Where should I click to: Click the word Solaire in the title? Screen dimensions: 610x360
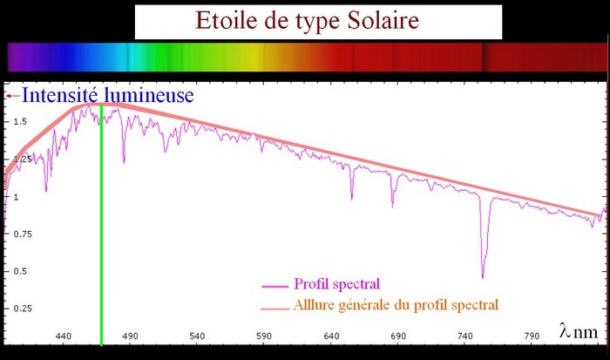383,20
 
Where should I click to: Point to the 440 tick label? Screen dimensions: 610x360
64,336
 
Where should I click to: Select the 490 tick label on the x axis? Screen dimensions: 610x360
131,336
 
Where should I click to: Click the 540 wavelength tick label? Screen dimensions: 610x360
197,336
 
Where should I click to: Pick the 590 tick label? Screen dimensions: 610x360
264,336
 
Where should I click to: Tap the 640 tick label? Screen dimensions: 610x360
331,336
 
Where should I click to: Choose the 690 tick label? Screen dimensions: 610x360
398,336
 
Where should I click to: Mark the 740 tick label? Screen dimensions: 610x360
465,336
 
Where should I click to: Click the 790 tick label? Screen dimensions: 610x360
532,336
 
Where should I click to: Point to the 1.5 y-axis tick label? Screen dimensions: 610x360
20,122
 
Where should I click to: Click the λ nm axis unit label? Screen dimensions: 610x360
579,331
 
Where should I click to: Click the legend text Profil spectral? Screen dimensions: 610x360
337,283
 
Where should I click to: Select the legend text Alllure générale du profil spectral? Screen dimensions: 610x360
396,305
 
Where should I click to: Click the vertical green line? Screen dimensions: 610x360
102,225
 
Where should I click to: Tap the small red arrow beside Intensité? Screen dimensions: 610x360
13,96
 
